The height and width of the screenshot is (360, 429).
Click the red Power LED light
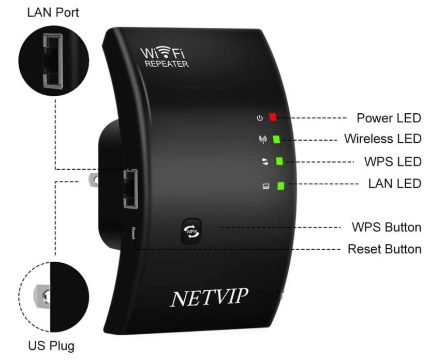[273, 118]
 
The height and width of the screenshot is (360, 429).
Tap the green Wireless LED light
[277, 139]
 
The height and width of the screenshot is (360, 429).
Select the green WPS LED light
[279, 161]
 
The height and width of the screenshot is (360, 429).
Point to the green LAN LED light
[282, 186]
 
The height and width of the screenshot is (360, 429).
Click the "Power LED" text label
[389, 118]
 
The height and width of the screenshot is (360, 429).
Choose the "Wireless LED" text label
[382, 139]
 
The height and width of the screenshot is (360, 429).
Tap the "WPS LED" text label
[393, 161]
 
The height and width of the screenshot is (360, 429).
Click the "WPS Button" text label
[386, 227]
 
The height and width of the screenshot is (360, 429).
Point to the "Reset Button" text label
[384, 249]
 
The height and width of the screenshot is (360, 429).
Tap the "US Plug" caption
[51, 345]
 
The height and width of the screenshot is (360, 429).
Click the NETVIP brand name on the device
[209, 297]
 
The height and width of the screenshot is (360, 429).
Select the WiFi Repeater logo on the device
[164, 57]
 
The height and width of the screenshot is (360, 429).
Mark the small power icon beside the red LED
[260, 118]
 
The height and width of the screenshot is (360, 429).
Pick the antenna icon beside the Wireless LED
[262, 139]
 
